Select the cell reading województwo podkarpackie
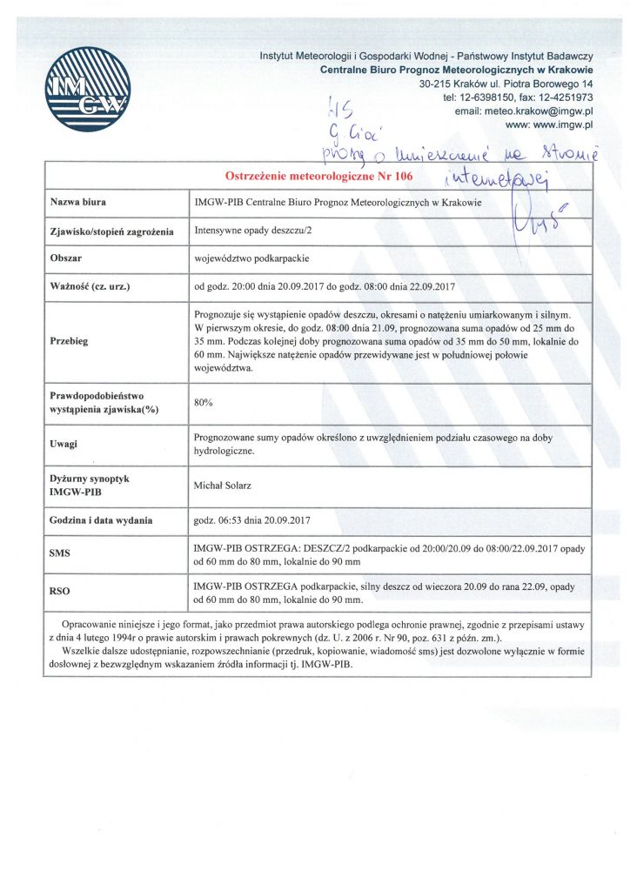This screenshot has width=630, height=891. coord(252,259)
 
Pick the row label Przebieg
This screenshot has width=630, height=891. coord(71,340)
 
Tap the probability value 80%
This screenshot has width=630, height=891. coord(204,403)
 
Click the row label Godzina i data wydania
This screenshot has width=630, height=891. coord(102,519)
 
